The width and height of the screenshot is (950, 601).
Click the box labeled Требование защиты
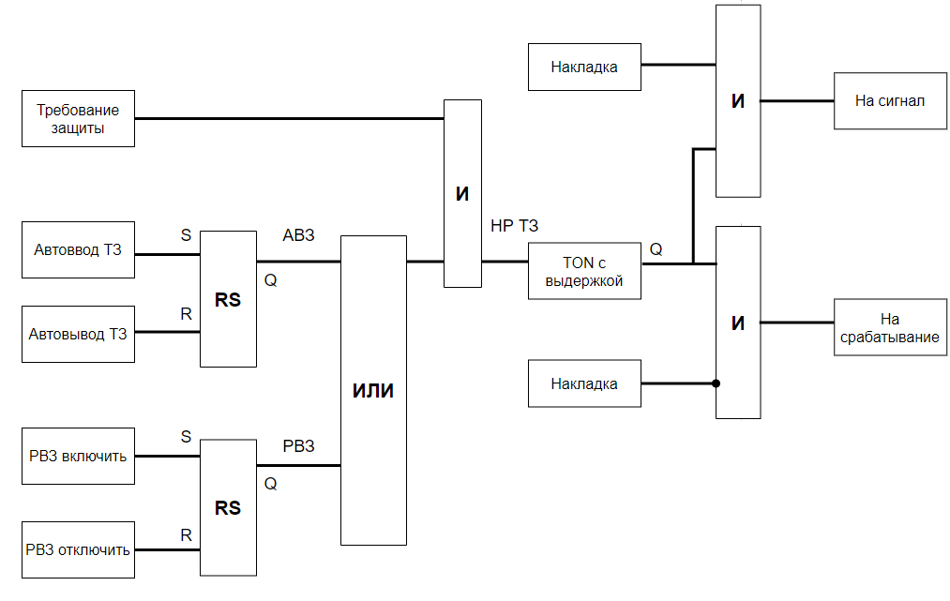[x=78, y=119]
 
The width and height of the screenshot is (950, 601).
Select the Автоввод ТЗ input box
[x=78, y=250]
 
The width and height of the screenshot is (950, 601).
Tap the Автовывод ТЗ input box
[x=78, y=334]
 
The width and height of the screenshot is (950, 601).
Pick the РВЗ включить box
[x=78, y=457]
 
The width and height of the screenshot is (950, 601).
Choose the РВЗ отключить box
[x=78, y=549]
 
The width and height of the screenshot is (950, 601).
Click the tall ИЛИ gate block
[x=373, y=390]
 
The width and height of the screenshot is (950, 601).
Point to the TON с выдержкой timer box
[x=584, y=271]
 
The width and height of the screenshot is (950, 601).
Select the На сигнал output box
[x=890, y=100]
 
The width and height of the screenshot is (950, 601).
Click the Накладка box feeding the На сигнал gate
[x=584, y=67]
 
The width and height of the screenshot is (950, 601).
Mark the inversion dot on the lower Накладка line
[x=716, y=383]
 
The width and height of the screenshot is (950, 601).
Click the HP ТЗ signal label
[x=514, y=226]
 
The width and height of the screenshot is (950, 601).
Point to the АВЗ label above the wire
[x=298, y=234]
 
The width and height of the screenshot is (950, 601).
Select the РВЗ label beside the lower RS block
[x=298, y=445]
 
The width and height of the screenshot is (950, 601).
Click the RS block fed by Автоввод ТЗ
[x=228, y=300]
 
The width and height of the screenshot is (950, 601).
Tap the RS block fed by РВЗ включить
[x=228, y=507]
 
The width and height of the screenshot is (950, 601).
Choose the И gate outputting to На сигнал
[x=738, y=101]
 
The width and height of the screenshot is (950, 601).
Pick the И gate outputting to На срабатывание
[x=738, y=323]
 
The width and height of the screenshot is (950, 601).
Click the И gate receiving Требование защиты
[x=462, y=193]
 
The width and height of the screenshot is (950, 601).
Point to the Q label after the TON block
[x=656, y=248]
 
